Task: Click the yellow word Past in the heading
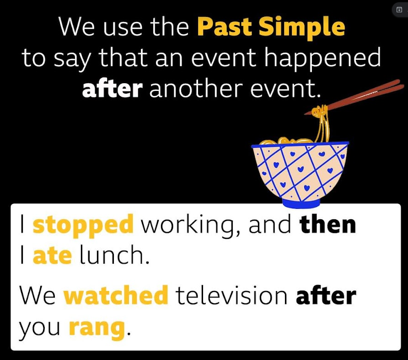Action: pyautogui.click(x=225, y=26)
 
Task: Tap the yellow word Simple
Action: pyautogui.click(x=302, y=28)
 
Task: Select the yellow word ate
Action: pyautogui.click(x=52, y=255)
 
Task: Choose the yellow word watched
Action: pyautogui.click(x=116, y=295)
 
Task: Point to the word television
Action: pyautogui.click(x=231, y=295)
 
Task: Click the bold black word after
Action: pyautogui.click(x=326, y=295)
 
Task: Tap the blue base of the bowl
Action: pyautogui.click(x=301, y=203)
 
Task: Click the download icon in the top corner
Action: pyautogui.click(x=399, y=10)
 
